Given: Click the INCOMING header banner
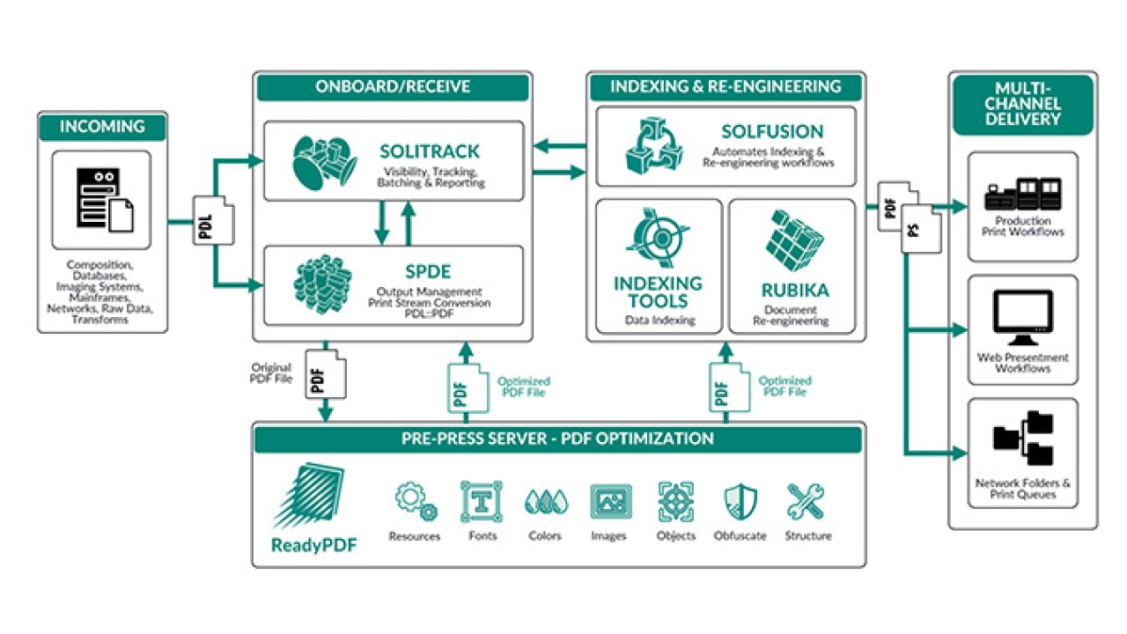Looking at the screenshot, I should click(x=102, y=127).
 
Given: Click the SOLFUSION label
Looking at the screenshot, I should click(x=772, y=131).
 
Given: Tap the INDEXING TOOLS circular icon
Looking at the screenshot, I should click(x=658, y=239).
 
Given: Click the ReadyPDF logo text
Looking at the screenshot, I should click(x=314, y=545).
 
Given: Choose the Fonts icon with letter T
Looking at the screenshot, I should click(x=482, y=502).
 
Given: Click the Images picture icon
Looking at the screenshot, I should click(x=609, y=502).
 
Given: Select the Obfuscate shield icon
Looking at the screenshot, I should click(x=740, y=502).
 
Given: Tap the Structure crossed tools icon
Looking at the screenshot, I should click(x=806, y=502).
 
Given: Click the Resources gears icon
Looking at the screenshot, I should click(x=415, y=502).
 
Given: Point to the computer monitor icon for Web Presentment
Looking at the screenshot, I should click(x=1022, y=318).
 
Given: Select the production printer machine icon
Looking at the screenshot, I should click(x=1022, y=194).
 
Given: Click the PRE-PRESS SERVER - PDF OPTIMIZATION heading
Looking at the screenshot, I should click(x=558, y=439).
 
